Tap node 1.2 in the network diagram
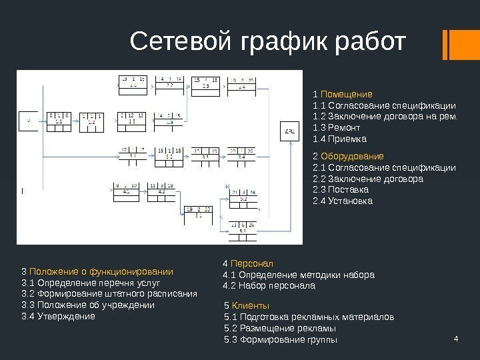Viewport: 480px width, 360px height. (91, 121)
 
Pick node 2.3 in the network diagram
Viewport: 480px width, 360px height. (205, 84)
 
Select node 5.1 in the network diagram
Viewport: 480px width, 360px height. (199, 213)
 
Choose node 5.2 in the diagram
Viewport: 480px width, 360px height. (243, 196)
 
